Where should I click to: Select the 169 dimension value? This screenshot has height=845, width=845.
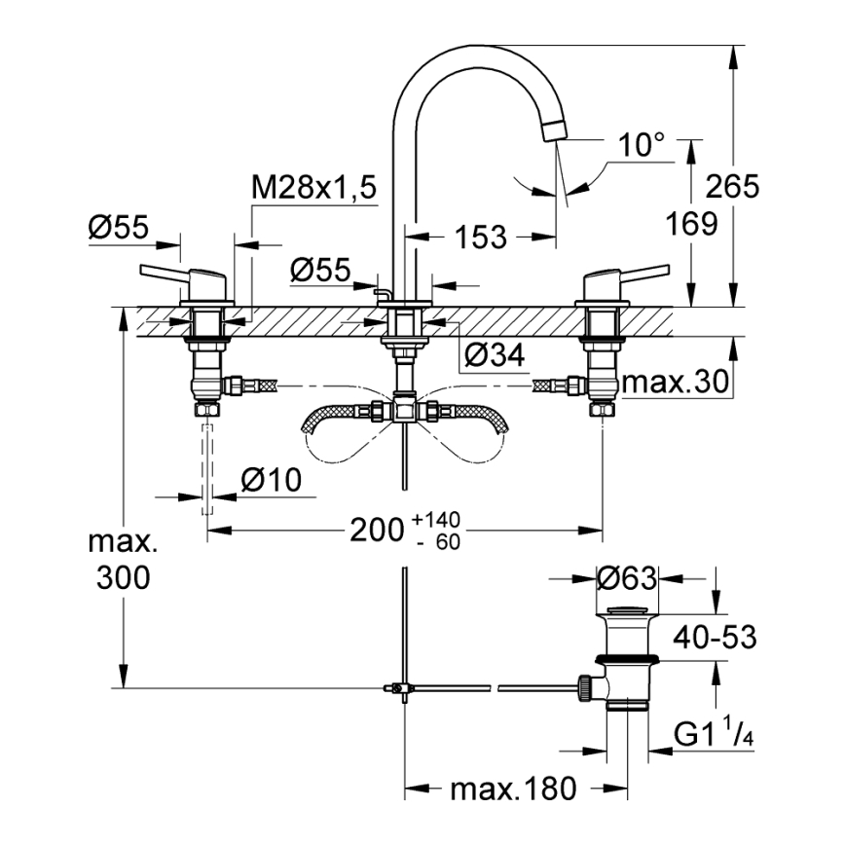(692, 224)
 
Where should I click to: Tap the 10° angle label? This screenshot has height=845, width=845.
(641, 146)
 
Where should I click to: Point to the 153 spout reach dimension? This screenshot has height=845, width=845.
(481, 237)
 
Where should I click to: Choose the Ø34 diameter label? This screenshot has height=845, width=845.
(495, 357)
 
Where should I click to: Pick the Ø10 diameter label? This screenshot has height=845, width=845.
(270, 480)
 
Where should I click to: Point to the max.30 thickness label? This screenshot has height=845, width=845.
(675, 384)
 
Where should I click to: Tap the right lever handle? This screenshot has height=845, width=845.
(623, 278)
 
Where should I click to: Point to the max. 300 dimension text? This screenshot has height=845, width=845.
(124, 560)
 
